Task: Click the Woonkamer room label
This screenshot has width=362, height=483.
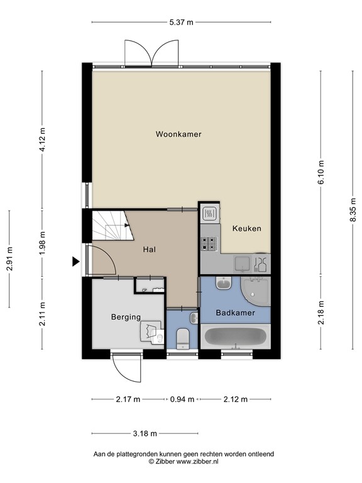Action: click(x=178, y=135)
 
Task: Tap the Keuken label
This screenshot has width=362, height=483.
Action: click(x=246, y=228)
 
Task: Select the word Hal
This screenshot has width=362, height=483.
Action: click(x=150, y=250)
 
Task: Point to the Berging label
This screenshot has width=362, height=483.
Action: click(x=126, y=317)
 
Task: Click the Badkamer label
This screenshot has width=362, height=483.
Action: click(x=236, y=313)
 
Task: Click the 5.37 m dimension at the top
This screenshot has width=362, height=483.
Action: click(x=181, y=22)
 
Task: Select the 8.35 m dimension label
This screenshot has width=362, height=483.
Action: click(x=353, y=209)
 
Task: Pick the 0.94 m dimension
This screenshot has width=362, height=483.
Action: click(x=182, y=399)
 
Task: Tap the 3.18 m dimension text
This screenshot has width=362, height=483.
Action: click(x=145, y=434)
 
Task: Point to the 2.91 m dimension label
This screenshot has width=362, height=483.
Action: click(x=9, y=258)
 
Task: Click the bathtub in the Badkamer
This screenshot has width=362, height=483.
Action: click(x=236, y=336)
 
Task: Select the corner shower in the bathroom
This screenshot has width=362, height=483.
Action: click(x=256, y=291)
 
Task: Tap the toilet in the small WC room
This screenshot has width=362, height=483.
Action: click(x=183, y=338)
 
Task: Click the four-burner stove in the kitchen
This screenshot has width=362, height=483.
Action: click(x=210, y=243)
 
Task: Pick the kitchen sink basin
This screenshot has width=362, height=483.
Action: click(x=243, y=264)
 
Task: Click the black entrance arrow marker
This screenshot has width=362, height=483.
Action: click(x=75, y=262)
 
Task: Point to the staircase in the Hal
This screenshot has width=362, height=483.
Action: click(x=112, y=225)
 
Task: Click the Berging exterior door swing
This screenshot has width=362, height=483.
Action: click(x=127, y=367)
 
